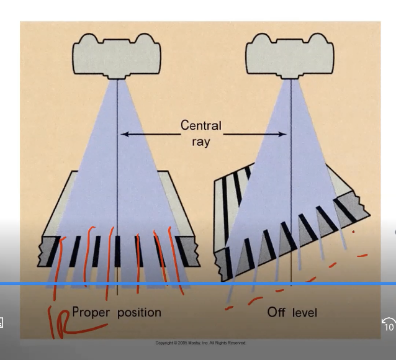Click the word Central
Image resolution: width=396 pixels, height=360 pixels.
click(x=200, y=125)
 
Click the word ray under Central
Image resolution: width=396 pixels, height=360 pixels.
click(x=200, y=142)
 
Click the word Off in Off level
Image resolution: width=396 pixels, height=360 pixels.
click(x=277, y=312)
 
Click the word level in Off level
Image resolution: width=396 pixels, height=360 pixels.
click(x=304, y=312)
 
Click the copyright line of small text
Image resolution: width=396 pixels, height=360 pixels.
click(x=200, y=343)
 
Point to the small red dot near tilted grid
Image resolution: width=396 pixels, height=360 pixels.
click(x=354, y=232)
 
